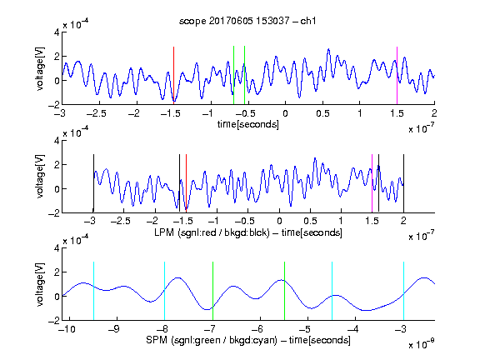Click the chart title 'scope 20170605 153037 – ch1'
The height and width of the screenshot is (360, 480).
click(x=247, y=21)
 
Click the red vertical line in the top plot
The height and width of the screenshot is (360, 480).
click(x=173, y=76)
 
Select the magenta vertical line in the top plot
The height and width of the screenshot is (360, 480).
click(x=397, y=76)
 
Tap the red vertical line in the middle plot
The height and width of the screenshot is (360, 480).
click(x=186, y=183)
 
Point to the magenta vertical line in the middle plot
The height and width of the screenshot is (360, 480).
click(x=372, y=183)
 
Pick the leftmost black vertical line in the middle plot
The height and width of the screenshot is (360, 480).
click(x=93, y=183)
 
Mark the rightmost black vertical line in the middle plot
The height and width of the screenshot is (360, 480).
click(x=403, y=183)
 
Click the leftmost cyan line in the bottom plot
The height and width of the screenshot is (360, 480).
click(x=93, y=291)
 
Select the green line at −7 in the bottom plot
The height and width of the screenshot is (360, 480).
click(x=212, y=291)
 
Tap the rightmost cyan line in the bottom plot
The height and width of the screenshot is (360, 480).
click(x=403, y=291)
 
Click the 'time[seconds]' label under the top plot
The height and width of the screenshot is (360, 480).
click(x=248, y=124)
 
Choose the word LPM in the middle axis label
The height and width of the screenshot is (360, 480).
click(x=164, y=232)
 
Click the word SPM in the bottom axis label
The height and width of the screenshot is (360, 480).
click(x=157, y=340)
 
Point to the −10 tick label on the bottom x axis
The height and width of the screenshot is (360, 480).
click(x=67, y=329)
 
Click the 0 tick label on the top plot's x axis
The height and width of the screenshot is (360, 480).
click(x=285, y=113)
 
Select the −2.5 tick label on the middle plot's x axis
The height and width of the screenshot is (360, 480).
click(x=121, y=221)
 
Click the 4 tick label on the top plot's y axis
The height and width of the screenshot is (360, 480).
click(x=57, y=32)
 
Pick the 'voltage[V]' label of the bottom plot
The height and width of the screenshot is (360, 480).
click(x=40, y=284)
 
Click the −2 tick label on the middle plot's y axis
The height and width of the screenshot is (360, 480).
click(x=54, y=212)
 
